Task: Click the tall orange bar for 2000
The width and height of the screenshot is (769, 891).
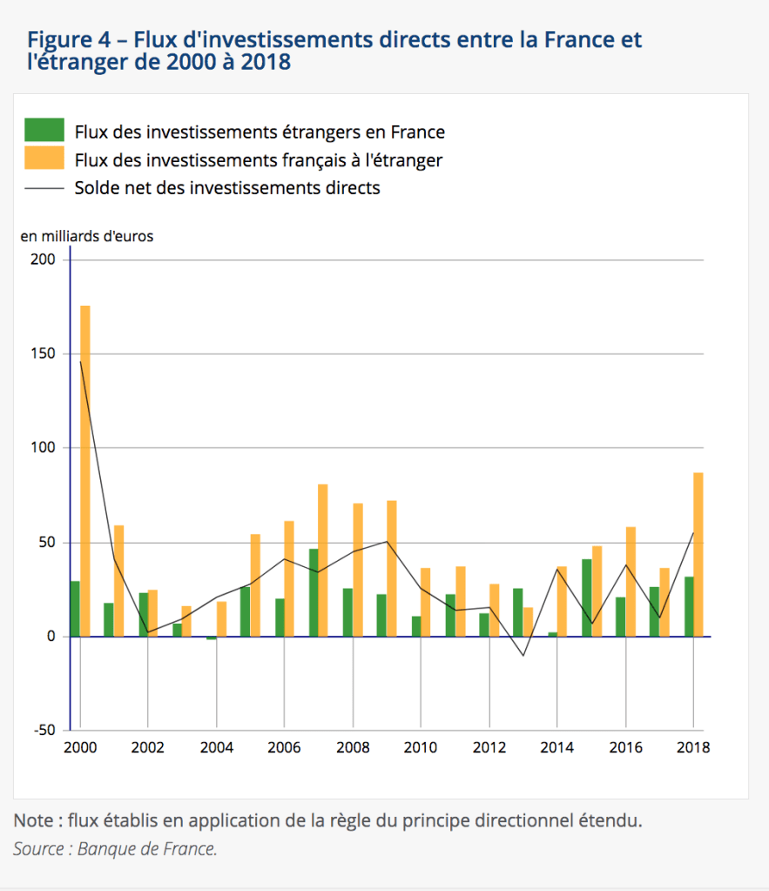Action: (x=84, y=470)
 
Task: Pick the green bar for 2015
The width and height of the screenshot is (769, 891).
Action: (x=586, y=597)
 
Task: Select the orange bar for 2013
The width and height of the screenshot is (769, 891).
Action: (x=528, y=621)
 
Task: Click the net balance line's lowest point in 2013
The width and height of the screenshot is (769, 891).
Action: (x=523, y=655)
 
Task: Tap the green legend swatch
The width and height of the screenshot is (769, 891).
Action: (x=44, y=131)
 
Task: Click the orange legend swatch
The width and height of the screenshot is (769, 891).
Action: (x=44, y=159)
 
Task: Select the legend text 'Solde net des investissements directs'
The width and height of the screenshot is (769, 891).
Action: (x=227, y=187)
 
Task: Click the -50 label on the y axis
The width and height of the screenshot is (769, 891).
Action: (x=44, y=730)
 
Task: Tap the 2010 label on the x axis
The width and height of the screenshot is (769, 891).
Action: (x=421, y=747)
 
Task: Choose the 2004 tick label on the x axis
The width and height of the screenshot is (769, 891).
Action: (x=216, y=747)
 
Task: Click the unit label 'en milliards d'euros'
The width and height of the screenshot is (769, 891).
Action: (x=86, y=236)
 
